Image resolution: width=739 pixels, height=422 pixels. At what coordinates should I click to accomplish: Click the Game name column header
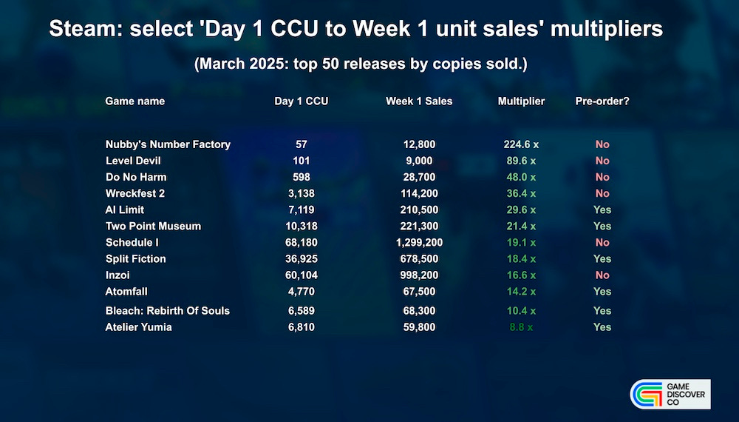point(134,101)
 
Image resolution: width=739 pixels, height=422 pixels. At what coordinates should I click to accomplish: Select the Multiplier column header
point(521,101)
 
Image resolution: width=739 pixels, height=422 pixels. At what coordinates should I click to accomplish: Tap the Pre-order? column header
point(602,101)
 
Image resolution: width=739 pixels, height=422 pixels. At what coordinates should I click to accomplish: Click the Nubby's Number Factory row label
point(168,144)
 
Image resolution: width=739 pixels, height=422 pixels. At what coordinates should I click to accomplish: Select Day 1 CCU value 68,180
point(301,242)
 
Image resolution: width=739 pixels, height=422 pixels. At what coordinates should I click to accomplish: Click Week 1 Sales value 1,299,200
point(420,242)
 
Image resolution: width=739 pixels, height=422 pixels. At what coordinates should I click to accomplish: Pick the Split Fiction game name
point(135,258)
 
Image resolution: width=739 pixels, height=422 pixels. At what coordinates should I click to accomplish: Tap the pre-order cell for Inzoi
point(602,275)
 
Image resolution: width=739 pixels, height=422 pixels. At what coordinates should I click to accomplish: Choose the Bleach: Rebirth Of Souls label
point(168,310)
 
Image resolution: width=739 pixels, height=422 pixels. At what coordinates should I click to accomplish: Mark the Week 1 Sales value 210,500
point(420,210)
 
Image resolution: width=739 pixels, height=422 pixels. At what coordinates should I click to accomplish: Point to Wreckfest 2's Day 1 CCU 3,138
point(301,193)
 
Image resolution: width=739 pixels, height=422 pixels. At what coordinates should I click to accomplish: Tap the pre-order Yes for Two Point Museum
point(602,226)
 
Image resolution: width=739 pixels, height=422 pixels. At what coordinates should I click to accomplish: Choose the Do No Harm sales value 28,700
point(420,177)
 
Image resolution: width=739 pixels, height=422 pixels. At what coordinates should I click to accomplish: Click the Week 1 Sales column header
point(419,101)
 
